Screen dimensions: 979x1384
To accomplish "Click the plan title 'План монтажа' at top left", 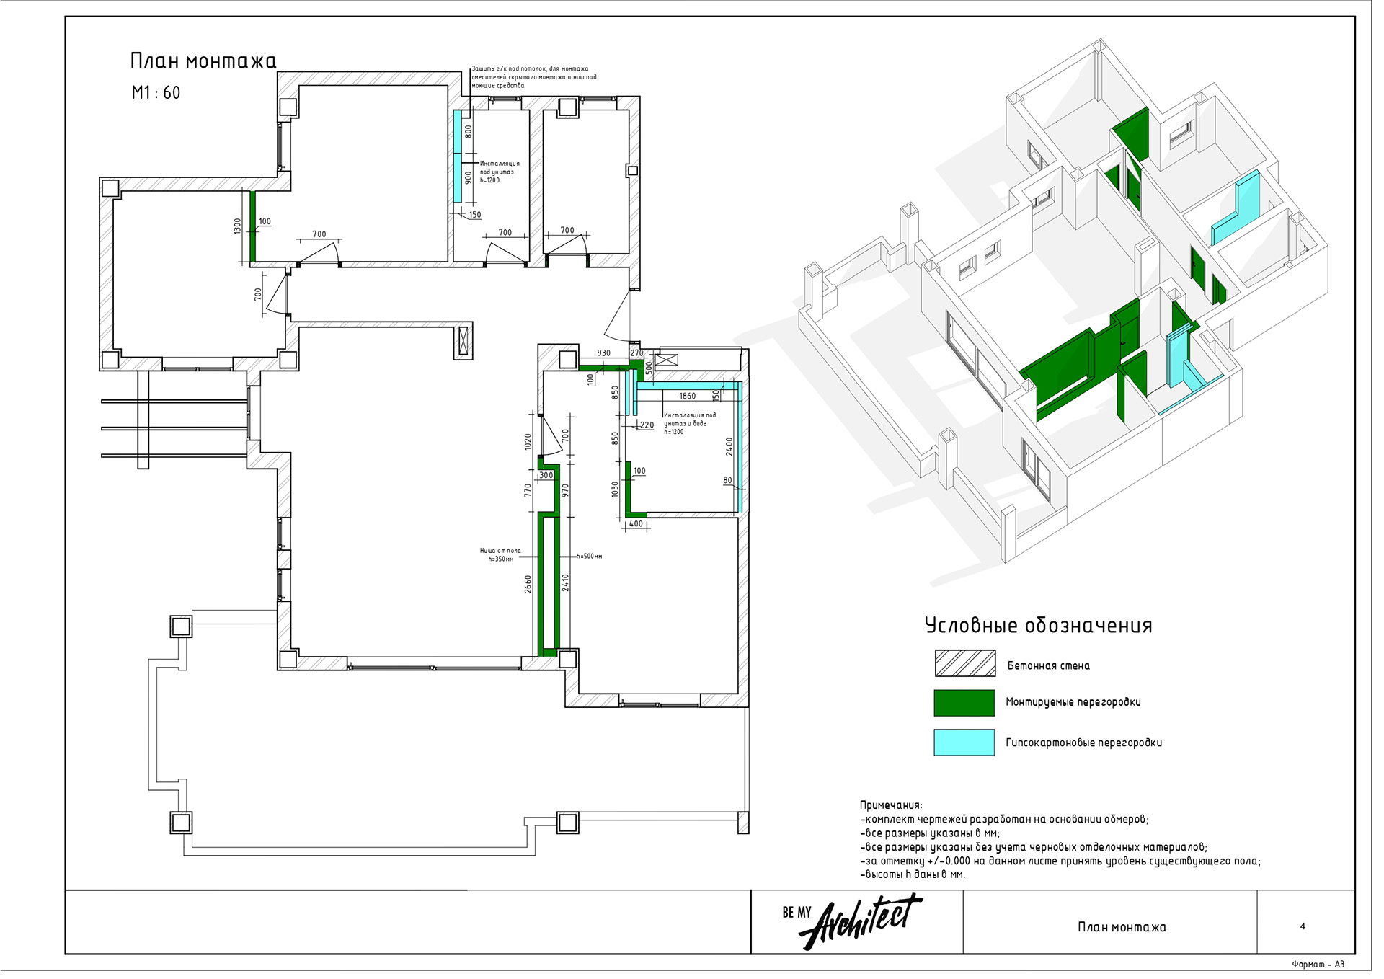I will pos(203,61).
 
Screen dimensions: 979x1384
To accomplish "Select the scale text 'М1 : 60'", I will pos(156,93).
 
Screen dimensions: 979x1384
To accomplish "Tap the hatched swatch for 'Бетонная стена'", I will pos(964,663).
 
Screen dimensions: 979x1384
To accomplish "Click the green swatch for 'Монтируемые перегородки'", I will pos(964,703).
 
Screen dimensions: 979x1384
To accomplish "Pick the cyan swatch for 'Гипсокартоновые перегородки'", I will pos(964,743).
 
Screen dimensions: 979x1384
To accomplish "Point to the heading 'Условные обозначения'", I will pos(1038,626).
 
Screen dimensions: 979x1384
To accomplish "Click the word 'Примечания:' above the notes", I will pos(890,805).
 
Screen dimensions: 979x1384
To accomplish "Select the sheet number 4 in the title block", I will pos(1303,926).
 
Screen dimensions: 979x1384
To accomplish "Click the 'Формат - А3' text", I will pos(1318,965).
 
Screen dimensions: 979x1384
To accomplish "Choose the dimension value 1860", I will pos(688,396).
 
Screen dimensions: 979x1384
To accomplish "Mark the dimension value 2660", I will pos(528,584).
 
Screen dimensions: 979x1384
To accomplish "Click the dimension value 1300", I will pos(238,226).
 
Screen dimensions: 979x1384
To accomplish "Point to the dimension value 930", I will pos(604,353).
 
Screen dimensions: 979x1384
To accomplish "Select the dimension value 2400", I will pos(729,447).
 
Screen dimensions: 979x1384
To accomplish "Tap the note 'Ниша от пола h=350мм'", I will pos(500,555).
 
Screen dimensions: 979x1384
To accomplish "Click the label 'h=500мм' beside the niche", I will pos(590,557).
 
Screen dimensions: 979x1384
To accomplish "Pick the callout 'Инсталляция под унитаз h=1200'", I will pos(499,172).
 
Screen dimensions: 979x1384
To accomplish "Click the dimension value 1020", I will pos(528,442).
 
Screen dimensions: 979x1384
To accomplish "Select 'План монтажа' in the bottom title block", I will pos(1122,927).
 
